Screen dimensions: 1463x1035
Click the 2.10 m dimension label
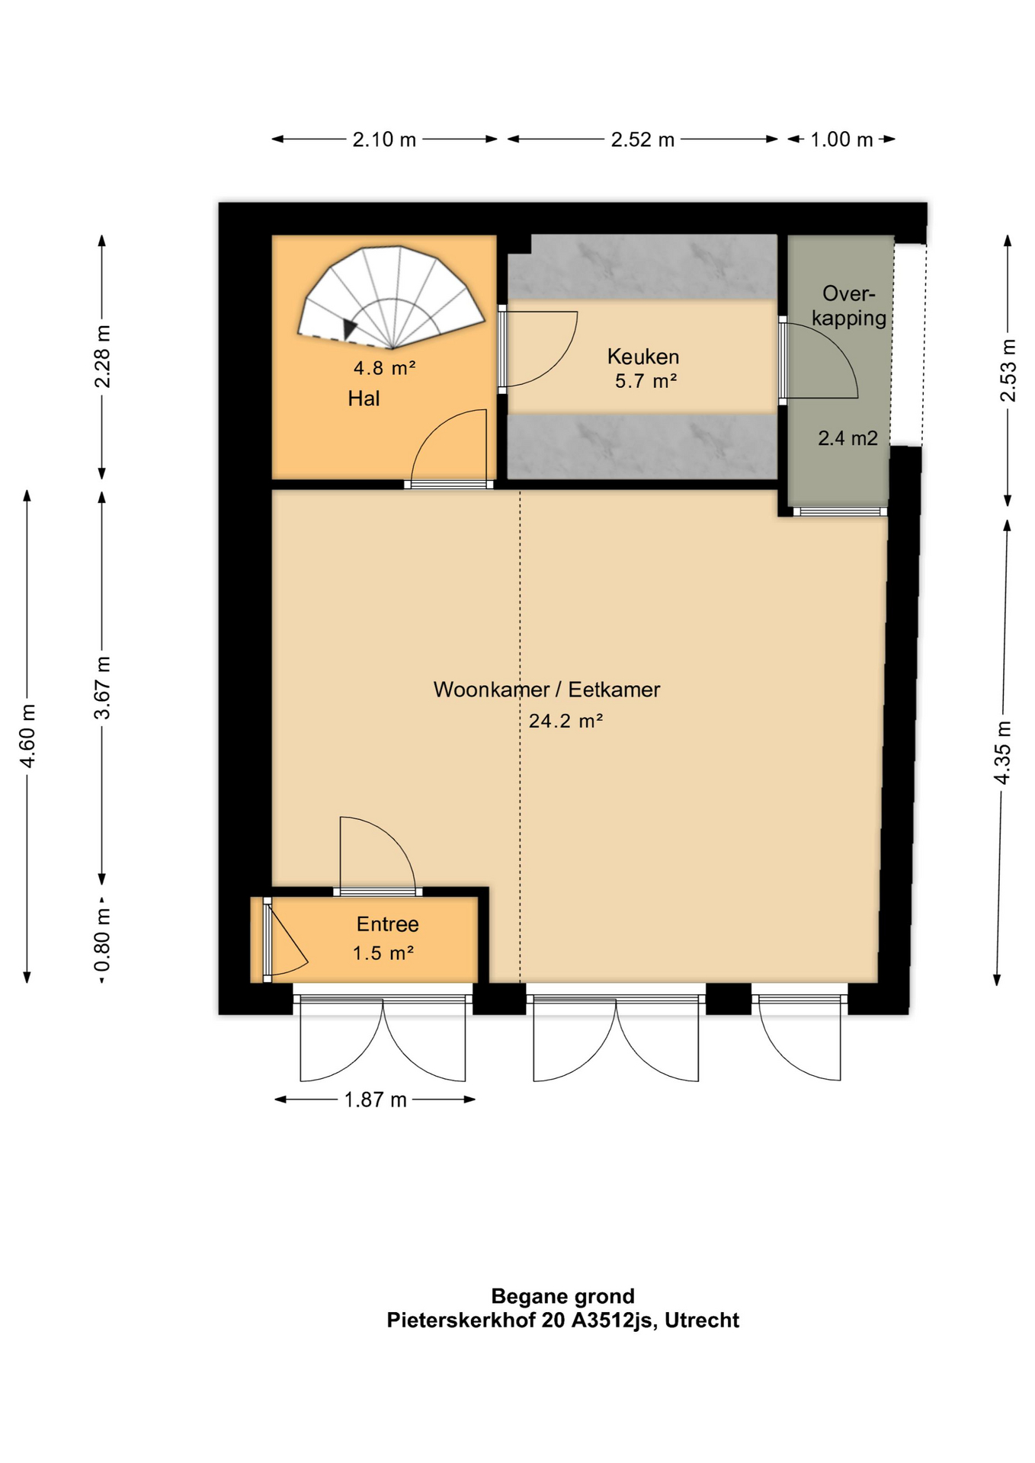click(x=384, y=139)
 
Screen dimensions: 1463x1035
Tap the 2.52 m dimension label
click(x=642, y=139)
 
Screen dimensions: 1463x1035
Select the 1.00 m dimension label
click(x=841, y=139)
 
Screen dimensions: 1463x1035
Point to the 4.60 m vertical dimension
click(x=27, y=736)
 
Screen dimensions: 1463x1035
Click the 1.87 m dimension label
click(x=375, y=1100)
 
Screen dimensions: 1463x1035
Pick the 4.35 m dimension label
click(x=1003, y=752)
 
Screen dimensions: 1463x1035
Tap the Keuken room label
click(x=643, y=357)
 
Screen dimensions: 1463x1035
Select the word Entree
click(x=387, y=924)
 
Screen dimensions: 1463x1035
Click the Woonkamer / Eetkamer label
click(x=546, y=690)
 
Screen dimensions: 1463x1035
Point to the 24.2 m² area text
click(x=566, y=721)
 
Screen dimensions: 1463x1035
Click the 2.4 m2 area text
click(x=848, y=438)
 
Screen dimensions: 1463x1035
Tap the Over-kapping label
click(x=848, y=306)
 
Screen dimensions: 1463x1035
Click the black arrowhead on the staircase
click(x=350, y=328)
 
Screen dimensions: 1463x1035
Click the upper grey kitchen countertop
click(x=642, y=267)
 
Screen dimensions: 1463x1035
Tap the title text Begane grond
click(x=562, y=1296)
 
